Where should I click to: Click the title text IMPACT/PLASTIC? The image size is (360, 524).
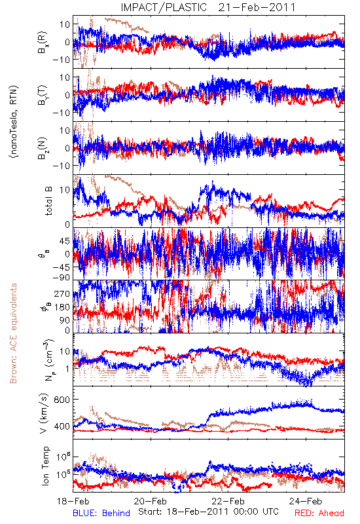pyautogui.click(x=164, y=7)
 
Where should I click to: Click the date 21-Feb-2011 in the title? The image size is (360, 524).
pyautogui.click(x=257, y=7)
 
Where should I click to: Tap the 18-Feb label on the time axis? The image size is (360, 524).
pyautogui.click(x=73, y=501)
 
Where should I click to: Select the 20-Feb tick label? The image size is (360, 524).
pyautogui.click(x=151, y=501)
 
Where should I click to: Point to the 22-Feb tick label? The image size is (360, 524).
pyautogui.click(x=228, y=501)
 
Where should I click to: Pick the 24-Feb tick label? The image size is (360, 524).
pyautogui.click(x=306, y=501)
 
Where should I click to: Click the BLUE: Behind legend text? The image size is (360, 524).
pyautogui.click(x=101, y=513)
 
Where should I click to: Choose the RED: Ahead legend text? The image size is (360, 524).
pyautogui.click(x=319, y=513)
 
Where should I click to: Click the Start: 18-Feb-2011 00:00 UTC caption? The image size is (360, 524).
pyautogui.click(x=208, y=512)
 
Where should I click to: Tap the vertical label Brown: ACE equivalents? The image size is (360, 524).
pyautogui.click(x=13, y=333)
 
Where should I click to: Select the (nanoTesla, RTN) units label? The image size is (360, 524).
pyautogui.click(x=14, y=121)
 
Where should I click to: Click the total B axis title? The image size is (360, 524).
pyautogui.click(x=48, y=201)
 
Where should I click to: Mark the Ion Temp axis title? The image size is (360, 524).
pyautogui.click(x=45, y=466)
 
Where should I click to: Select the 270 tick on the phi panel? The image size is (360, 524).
pyautogui.click(x=62, y=293)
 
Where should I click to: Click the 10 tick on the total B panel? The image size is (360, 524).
pyautogui.click(x=65, y=189)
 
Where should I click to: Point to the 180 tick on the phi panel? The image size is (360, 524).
pyautogui.click(x=62, y=307)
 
